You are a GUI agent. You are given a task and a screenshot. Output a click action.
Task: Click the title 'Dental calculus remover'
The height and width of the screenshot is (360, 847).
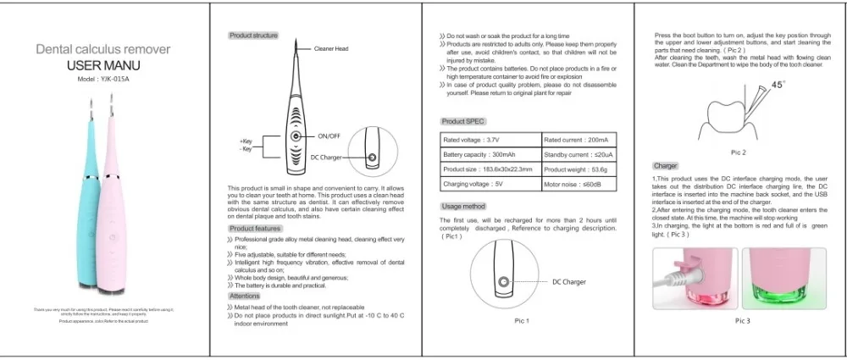click(105, 51)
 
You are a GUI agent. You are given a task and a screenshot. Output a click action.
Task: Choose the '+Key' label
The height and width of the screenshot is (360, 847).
click(246, 141)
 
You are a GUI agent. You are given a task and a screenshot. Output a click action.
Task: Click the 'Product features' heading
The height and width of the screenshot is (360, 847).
click(255, 229)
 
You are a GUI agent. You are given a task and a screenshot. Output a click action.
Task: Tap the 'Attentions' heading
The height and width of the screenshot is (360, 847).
click(245, 296)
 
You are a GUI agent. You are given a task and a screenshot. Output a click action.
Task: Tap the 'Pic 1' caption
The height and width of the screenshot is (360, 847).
click(522, 321)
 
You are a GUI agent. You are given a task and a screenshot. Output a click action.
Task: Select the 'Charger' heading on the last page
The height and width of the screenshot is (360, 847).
click(665, 165)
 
